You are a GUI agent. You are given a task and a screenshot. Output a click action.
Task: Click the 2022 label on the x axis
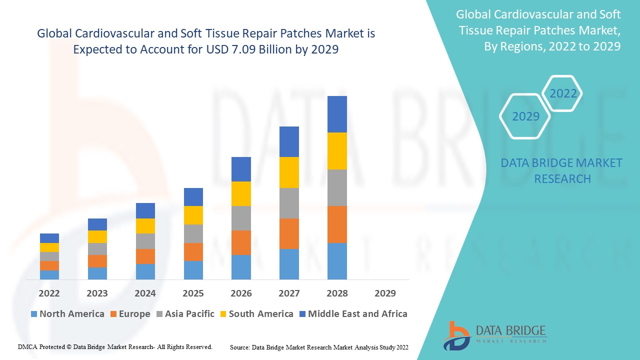tap(49, 293)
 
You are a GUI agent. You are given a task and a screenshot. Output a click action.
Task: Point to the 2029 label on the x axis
tap(385, 293)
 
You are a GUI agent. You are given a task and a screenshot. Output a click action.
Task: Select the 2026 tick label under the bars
tap(241, 293)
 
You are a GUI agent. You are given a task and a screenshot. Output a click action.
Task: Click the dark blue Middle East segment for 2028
tap(337, 114)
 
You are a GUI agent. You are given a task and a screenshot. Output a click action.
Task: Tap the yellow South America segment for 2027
tap(289, 172)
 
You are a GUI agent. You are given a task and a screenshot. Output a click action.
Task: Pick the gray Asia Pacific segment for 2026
tap(241, 218)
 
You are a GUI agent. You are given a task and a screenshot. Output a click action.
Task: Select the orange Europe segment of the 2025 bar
tap(193, 252)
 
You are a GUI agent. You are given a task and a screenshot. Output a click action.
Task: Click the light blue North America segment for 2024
tap(145, 271)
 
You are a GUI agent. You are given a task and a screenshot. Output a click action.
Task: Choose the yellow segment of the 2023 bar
tap(97, 236)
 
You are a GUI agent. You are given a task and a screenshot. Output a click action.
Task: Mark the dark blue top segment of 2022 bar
tap(49, 238)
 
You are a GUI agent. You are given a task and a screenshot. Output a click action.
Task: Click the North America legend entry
tap(67, 314)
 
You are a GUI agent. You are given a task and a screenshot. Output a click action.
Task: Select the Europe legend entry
tap(129, 314)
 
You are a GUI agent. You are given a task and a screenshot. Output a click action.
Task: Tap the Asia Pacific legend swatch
tap(160, 314)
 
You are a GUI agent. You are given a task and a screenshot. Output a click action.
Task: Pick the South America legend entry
tap(256, 314)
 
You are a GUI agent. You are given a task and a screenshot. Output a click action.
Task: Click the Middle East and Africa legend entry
tap(353, 314)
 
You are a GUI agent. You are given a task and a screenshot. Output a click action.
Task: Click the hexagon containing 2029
tap(525, 116)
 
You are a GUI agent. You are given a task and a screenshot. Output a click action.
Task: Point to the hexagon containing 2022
tap(563, 93)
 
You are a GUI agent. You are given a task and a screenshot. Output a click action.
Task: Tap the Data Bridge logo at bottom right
tap(494, 334)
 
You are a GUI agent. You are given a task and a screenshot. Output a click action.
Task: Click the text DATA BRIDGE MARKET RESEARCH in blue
tap(562, 170)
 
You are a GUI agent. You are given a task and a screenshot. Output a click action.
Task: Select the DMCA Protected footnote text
tap(115, 346)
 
